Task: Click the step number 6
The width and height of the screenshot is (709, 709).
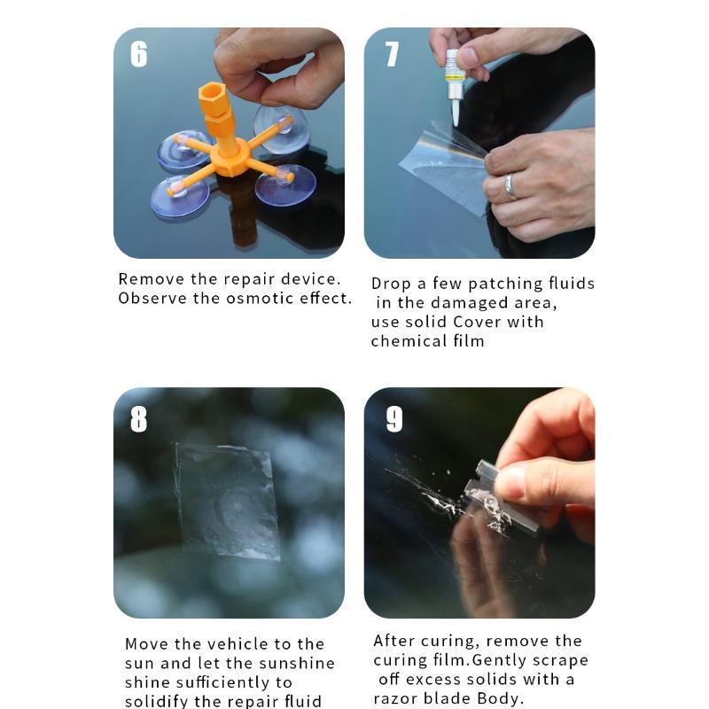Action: click(138, 54)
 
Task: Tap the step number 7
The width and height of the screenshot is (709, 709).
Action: click(391, 54)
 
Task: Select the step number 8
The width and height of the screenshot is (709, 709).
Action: click(138, 418)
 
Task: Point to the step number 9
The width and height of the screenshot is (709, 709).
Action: click(393, 418)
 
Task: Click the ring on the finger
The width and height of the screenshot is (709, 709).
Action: click(510, 186)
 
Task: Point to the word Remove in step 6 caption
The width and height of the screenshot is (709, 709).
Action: click(147, 279)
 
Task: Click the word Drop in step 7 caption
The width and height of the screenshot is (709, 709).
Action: click(388, 284)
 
